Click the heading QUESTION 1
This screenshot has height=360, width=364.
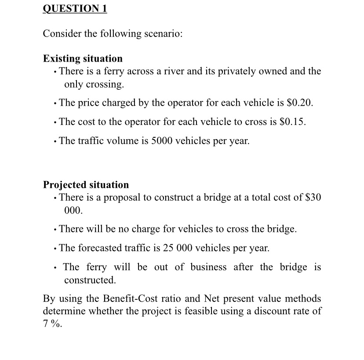click(x=75, y=9)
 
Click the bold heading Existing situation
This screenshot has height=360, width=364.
click(x=83, y=59)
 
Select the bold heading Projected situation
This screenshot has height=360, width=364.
click(x=86, y=184)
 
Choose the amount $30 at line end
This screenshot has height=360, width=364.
click(x=313, y=197)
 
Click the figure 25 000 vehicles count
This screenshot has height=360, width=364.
click(x=175, y=248)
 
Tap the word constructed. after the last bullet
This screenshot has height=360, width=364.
click(x=90, y=280)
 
